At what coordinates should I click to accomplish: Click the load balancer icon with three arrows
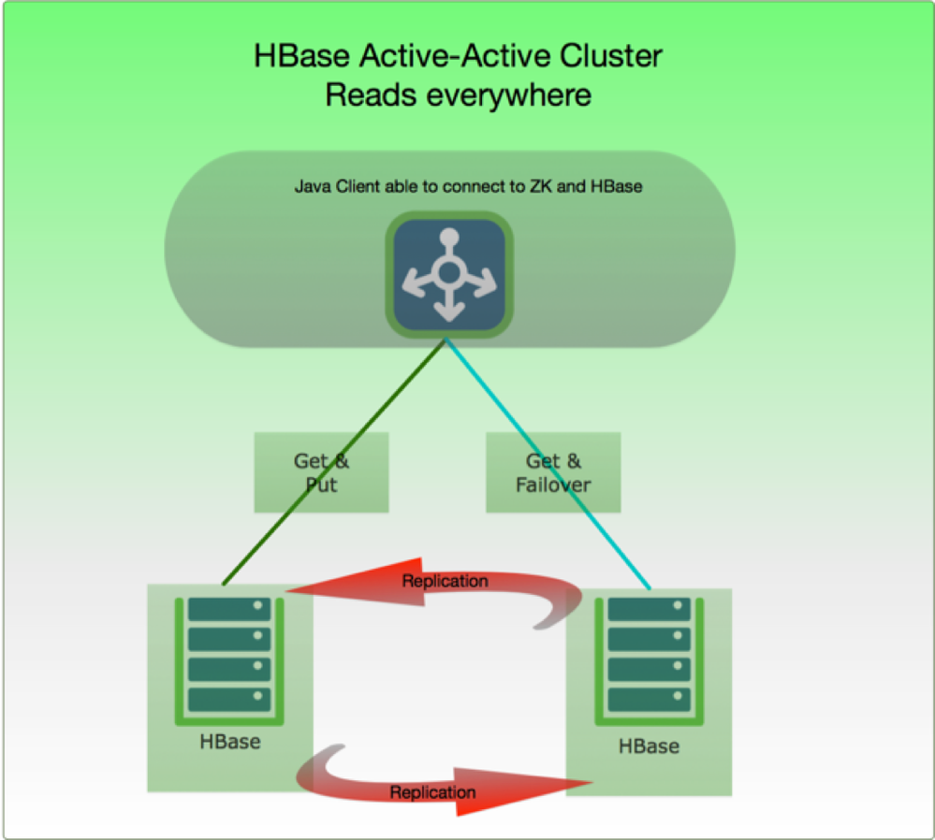(x=449, y=273)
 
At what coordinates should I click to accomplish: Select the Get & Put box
(x=321, y=472)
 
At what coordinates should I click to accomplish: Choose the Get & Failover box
(x=553, y=472)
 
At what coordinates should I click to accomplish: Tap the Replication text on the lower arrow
(x=432, y=792)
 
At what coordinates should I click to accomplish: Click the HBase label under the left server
(x=229, y=743)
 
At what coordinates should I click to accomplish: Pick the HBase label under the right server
(x=649, y=746)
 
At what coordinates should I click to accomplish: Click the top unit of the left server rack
(x=229, y=610)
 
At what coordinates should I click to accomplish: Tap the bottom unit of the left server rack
(x=229, y=699)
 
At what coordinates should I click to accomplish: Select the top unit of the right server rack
(x=649, y=610)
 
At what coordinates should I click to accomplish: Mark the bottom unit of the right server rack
(x=649, y=699)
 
